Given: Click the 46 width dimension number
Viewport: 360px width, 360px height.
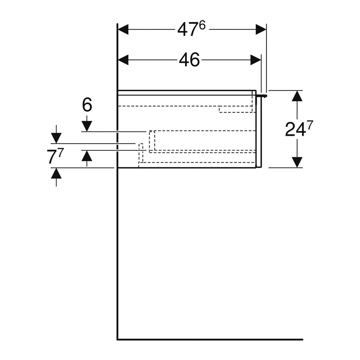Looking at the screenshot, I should click(x=189, y=60).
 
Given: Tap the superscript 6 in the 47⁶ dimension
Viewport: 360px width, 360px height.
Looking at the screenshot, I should click(x=202, y=25).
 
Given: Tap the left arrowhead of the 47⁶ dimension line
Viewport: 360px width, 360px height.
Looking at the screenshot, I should click(x=123, y=30).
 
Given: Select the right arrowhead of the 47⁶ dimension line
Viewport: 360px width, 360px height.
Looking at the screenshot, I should click(x=261, y=30).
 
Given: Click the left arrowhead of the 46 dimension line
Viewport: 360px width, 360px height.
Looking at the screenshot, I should click(x=123, y=60).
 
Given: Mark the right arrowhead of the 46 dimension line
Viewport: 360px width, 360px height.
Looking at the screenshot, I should click(x=255, y=60).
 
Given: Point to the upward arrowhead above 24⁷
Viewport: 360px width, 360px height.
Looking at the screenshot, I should click(x=297, y=96).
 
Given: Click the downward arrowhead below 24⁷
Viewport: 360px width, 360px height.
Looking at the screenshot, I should click(x=297, y=162).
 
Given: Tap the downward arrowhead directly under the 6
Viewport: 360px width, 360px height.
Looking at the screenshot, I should click(x=87, y=126).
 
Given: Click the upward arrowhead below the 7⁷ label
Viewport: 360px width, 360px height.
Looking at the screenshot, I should click(x=56, y=173).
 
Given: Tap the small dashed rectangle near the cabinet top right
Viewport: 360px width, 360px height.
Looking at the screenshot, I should click(x=235, y=110).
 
